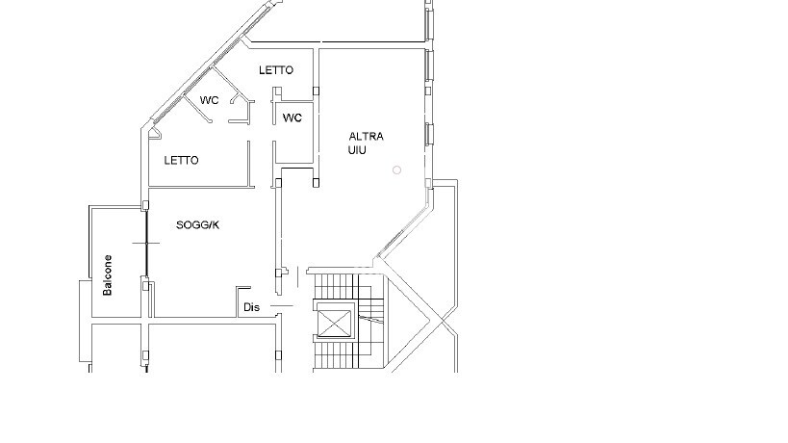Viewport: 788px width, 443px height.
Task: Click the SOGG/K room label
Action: coord(197,224)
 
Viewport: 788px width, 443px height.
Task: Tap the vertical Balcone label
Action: coord(107,275)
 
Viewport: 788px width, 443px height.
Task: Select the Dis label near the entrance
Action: coord(251,307)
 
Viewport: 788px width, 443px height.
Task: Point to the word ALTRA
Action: coord(366,136)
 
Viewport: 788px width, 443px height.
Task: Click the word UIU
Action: coord(357,150)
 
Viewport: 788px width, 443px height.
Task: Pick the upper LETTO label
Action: coord(276,70)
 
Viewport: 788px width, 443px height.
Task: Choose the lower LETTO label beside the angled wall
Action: coord(181,161)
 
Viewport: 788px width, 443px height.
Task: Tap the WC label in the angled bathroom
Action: coord(209,100)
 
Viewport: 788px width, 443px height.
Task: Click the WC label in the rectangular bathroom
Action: coord(292,117)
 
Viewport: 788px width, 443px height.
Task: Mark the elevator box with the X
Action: coord(335,323)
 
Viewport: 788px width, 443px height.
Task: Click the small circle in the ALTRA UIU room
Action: coord(396,169)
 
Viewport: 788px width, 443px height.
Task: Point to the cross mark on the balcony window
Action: coord(146,243)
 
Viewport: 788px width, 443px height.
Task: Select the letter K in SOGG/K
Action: coord(216,224)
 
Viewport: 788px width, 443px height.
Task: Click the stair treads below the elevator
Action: coord(335,355)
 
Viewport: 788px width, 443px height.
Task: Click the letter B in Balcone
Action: coord(107,292)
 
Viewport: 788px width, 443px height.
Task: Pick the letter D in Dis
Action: coord(247,307)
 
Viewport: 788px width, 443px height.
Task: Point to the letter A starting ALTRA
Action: coord(353,136)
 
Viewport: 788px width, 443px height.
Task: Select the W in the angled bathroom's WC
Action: coord(205,100)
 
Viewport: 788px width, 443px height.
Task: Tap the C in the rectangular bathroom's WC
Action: coord(297,117)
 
